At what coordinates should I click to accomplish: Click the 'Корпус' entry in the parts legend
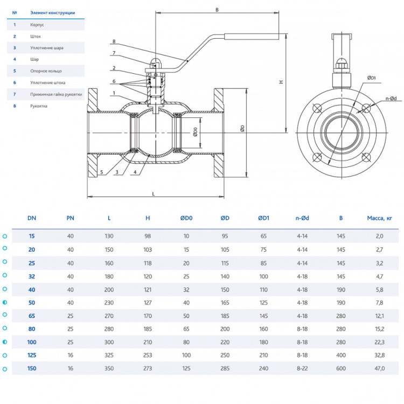click(x=37, y=25)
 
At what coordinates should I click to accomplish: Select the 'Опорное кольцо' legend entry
click(x=46, y=71)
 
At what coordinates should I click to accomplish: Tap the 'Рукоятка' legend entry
click(x=39, y=106)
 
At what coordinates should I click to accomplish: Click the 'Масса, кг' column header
click(x=379, y=218)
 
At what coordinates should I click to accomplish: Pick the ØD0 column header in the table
click(x=186, y=218)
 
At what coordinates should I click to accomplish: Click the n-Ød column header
click(x=302, y=218)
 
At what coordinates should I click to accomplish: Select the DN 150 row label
click(x=32, y=368)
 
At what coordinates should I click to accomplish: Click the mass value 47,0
click(x=380, y=368)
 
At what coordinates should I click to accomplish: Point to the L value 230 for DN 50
click(x=109, y=303)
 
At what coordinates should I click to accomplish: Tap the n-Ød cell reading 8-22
click(x=302, y=368)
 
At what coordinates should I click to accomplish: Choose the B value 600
click(x=341, y=368)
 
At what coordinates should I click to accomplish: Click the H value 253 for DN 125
click(x=148, y=356)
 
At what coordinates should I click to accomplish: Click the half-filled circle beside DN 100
click(x=5, y=342)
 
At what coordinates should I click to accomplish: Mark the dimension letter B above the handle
click(x=217, y=10)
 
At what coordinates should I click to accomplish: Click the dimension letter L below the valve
click(x=154, y=194)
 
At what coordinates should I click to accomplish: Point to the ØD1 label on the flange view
click(x=371, y=78)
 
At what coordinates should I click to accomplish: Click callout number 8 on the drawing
click(x=114, y=41)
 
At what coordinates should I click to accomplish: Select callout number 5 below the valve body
click(x=102, y=172)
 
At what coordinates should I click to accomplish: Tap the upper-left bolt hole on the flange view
click(x=317, y=108)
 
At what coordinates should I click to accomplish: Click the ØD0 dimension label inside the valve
click(x=195, y=132)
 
